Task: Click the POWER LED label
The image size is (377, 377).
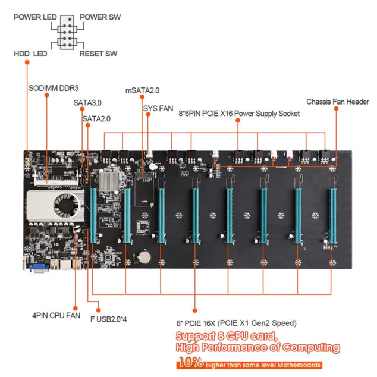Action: [x=35, y=17]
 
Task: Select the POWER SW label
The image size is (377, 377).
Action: [x=100, y=17]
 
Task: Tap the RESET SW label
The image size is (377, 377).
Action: [x=98, y=54]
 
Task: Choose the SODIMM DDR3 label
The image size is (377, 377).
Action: [x=54, y=88]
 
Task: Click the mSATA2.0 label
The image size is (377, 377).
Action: [x=142, y=90]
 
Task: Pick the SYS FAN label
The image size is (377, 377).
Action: [x=158, y=108]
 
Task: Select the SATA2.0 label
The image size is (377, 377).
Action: [x=96, y=118]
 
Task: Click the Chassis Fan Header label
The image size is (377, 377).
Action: [x=338, y=102]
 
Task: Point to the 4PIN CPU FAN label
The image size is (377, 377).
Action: [x=56, y=315]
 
